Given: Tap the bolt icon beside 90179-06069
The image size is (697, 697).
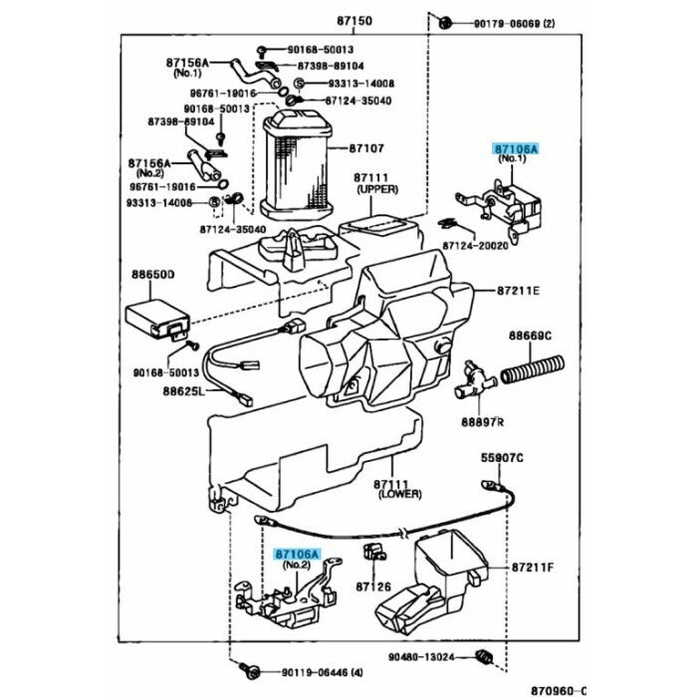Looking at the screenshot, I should point(447,21).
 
